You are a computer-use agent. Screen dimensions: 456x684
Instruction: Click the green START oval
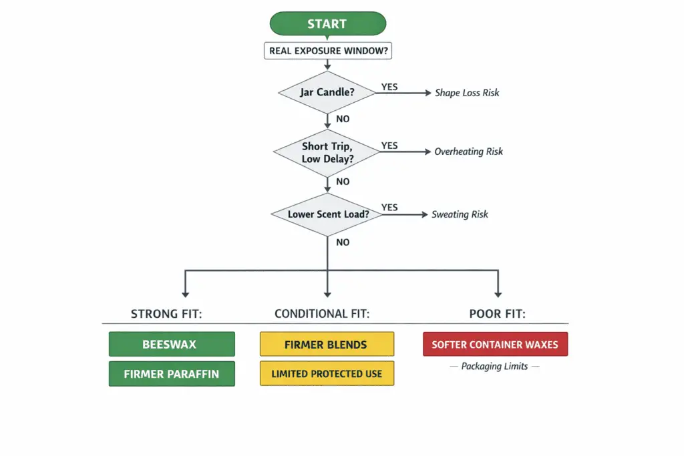[x=327, y=24]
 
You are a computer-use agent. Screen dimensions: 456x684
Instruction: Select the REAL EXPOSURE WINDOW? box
[x=327, y=51]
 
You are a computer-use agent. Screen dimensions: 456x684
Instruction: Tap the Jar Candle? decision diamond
[x=327, y=93]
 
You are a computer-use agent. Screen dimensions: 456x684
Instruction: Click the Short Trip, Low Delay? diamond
[x=327, y=152]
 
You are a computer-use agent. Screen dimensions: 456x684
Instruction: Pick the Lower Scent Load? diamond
[x=327, y=214]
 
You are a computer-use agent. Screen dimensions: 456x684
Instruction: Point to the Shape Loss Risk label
[x=467, y=93]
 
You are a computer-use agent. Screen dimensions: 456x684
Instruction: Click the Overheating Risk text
[x=468, y=152]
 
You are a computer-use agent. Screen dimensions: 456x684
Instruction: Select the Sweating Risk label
[x=460, y=214]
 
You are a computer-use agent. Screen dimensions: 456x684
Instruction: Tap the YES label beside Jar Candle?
[x=389, y=87]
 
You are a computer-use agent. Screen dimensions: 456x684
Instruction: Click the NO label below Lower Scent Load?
[x=343, y=242]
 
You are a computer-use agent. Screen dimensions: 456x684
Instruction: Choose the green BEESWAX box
[x=172, y=345]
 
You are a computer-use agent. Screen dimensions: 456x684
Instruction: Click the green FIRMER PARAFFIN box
[x=172, y=374]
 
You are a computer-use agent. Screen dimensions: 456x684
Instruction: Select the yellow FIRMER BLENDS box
[x=327, y=345]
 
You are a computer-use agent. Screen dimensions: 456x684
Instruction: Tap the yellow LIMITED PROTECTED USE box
[x=327, y=374]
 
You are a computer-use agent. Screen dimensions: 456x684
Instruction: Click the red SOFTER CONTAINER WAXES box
[x=495, y=345]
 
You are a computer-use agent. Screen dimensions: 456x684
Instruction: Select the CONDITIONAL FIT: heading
[x=322, y=314]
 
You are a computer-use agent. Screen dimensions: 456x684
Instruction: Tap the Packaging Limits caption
[x=494, y=367]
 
